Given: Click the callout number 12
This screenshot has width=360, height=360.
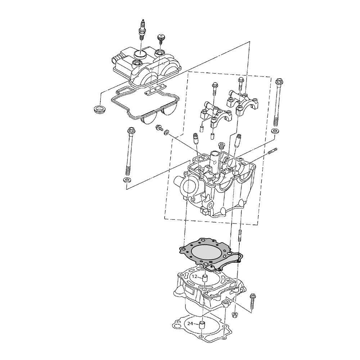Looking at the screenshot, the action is tap(195, 276).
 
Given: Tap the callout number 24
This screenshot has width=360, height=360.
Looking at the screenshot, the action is tap(190, 324).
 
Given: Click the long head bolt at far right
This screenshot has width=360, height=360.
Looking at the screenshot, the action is tap(278, 102).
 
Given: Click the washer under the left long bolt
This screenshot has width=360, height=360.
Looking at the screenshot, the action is tap(126, 180).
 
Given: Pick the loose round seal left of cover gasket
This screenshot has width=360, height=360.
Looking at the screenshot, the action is tap(99, 108).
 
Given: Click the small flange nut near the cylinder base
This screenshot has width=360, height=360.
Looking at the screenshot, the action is tap(235, 315).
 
